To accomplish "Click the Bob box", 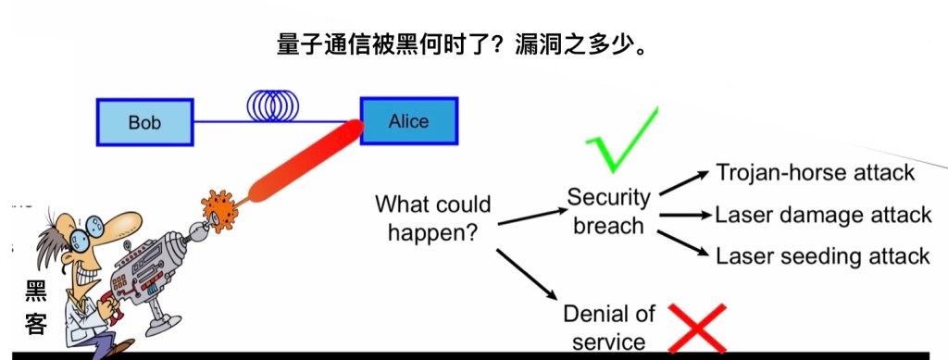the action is pyautogui.click(x=145, y=122).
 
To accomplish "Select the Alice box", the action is pyautogui.click(x=409, y=121).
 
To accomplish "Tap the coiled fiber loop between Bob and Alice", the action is pyautogui.click(x=273, y=106).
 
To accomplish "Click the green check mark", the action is pyautogui.click(x=621, y=140).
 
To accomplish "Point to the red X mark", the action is pyautogui.click(x=697, y=328).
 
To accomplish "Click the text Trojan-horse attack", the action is pyautogui.click(x=816, y=173).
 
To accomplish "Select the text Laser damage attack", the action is pyautogui.click(x=823, y=215).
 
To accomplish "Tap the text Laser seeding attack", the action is pyautogui.click(x=823, y=256).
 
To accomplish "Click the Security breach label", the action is pyautogui.click(x=609, y=211).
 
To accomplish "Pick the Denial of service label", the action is pyautogui.click(x=609, y=328).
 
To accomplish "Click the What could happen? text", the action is pyautogui.click(x=433, y=217).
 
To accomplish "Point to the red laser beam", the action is pyautogui.click(x=306, y=161).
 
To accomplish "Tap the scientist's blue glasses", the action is pyautogui.click(x=86, y=232).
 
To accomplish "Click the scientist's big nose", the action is pyautogui.click(x=122, y=222).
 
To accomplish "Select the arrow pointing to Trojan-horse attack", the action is pyautogui.click(x=684, y=183).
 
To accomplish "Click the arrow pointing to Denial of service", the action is pyautogui.click(x=527, y=274).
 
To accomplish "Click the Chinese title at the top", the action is pyautogui.click(x=462, y=45).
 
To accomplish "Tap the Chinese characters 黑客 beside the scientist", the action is pyautogui.click(x=36, y=307).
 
